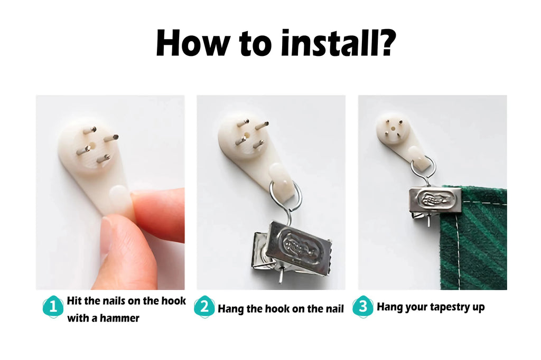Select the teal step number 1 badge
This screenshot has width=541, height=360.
point(53,306)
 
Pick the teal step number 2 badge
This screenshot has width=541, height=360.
point(204,306)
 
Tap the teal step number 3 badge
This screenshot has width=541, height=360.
point(363,306)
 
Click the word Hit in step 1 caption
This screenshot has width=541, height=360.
point(74,301)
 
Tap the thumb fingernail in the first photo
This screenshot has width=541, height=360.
point(110,238)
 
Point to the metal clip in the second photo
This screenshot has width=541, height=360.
point(292,248)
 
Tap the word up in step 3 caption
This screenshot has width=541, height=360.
point(479,308)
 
